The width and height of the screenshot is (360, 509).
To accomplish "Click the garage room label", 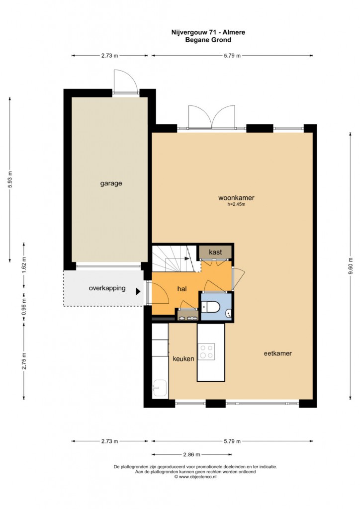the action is point(111,183).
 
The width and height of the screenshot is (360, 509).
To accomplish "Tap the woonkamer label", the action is point(236,198).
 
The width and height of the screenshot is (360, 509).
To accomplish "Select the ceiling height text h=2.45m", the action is point(236,204).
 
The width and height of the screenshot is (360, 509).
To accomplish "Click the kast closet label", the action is point(215,252).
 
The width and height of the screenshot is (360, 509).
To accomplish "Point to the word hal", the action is point(182,289).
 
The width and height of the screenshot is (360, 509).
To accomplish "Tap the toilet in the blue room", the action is point(211,307).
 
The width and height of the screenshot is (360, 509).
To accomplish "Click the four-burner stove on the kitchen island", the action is point(207,351).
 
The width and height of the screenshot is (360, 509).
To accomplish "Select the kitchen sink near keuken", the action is point(160,388).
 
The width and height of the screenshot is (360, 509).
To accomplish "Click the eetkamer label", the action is point(277,353).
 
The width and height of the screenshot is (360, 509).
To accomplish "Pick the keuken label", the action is point(183,359).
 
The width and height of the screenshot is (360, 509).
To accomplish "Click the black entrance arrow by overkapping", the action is point(138,291).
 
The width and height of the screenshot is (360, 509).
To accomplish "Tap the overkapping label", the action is point(107,288).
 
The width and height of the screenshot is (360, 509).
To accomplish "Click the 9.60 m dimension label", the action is point(350,266).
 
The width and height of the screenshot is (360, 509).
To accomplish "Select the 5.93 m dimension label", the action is point(10,179).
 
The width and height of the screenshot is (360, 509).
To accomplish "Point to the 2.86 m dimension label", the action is point(191,454).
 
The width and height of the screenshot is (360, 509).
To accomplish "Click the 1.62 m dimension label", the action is point(24,265).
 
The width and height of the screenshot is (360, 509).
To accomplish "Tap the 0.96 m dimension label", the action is point(24,306).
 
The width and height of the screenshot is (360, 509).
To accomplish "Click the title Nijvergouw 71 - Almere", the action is point(208,32).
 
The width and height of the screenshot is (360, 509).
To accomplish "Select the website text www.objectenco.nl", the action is point(197,477).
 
